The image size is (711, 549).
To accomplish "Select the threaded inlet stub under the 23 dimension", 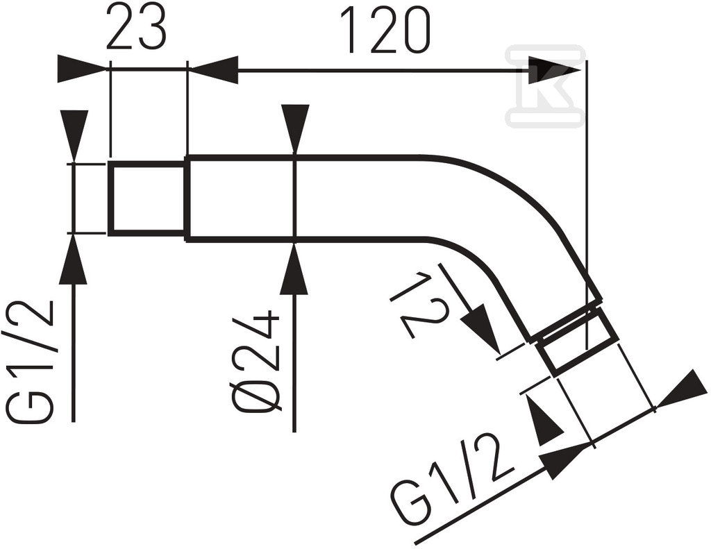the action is coord(147,198).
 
